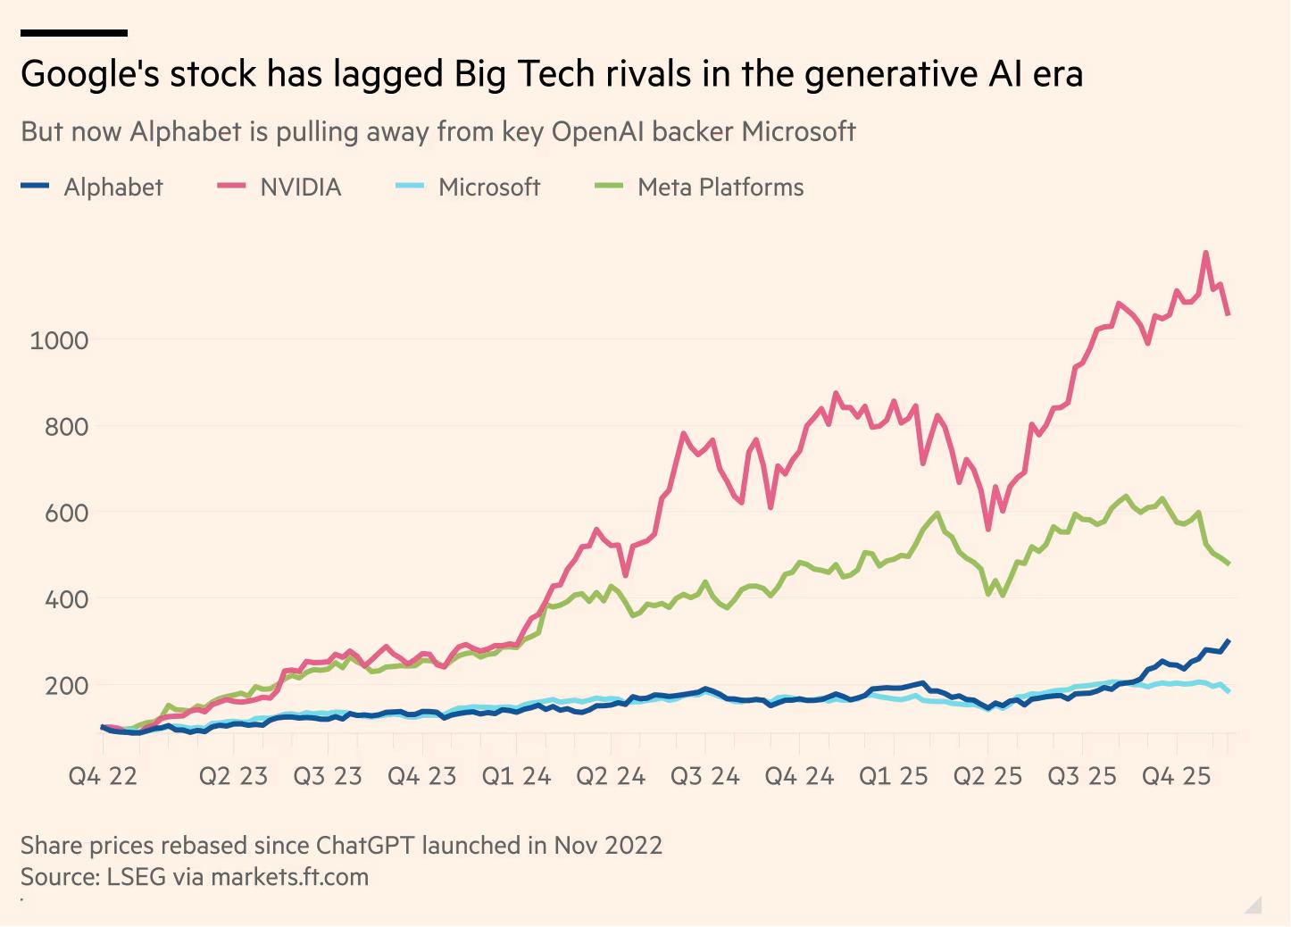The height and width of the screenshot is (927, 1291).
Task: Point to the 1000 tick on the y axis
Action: (59, 340)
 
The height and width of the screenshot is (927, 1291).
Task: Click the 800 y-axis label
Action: (66, 427)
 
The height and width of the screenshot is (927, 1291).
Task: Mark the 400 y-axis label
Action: (66, 599)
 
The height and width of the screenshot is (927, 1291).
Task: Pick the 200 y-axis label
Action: (66, 686)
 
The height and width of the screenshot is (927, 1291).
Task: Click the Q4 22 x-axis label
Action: (103, 776)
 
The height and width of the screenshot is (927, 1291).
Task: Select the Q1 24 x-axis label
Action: (516, 776)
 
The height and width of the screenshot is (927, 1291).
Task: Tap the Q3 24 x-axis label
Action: (705, 776)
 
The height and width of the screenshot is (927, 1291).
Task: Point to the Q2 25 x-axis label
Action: (987, 776)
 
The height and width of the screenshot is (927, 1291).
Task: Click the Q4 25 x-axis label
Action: (1177, 776)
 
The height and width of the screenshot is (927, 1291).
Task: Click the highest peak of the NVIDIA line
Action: (1206, 253)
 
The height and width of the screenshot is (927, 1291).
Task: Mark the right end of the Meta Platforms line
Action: (1229, 564)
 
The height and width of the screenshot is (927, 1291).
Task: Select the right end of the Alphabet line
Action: (1229, 640)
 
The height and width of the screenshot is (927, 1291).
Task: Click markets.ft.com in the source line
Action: (289, 877)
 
